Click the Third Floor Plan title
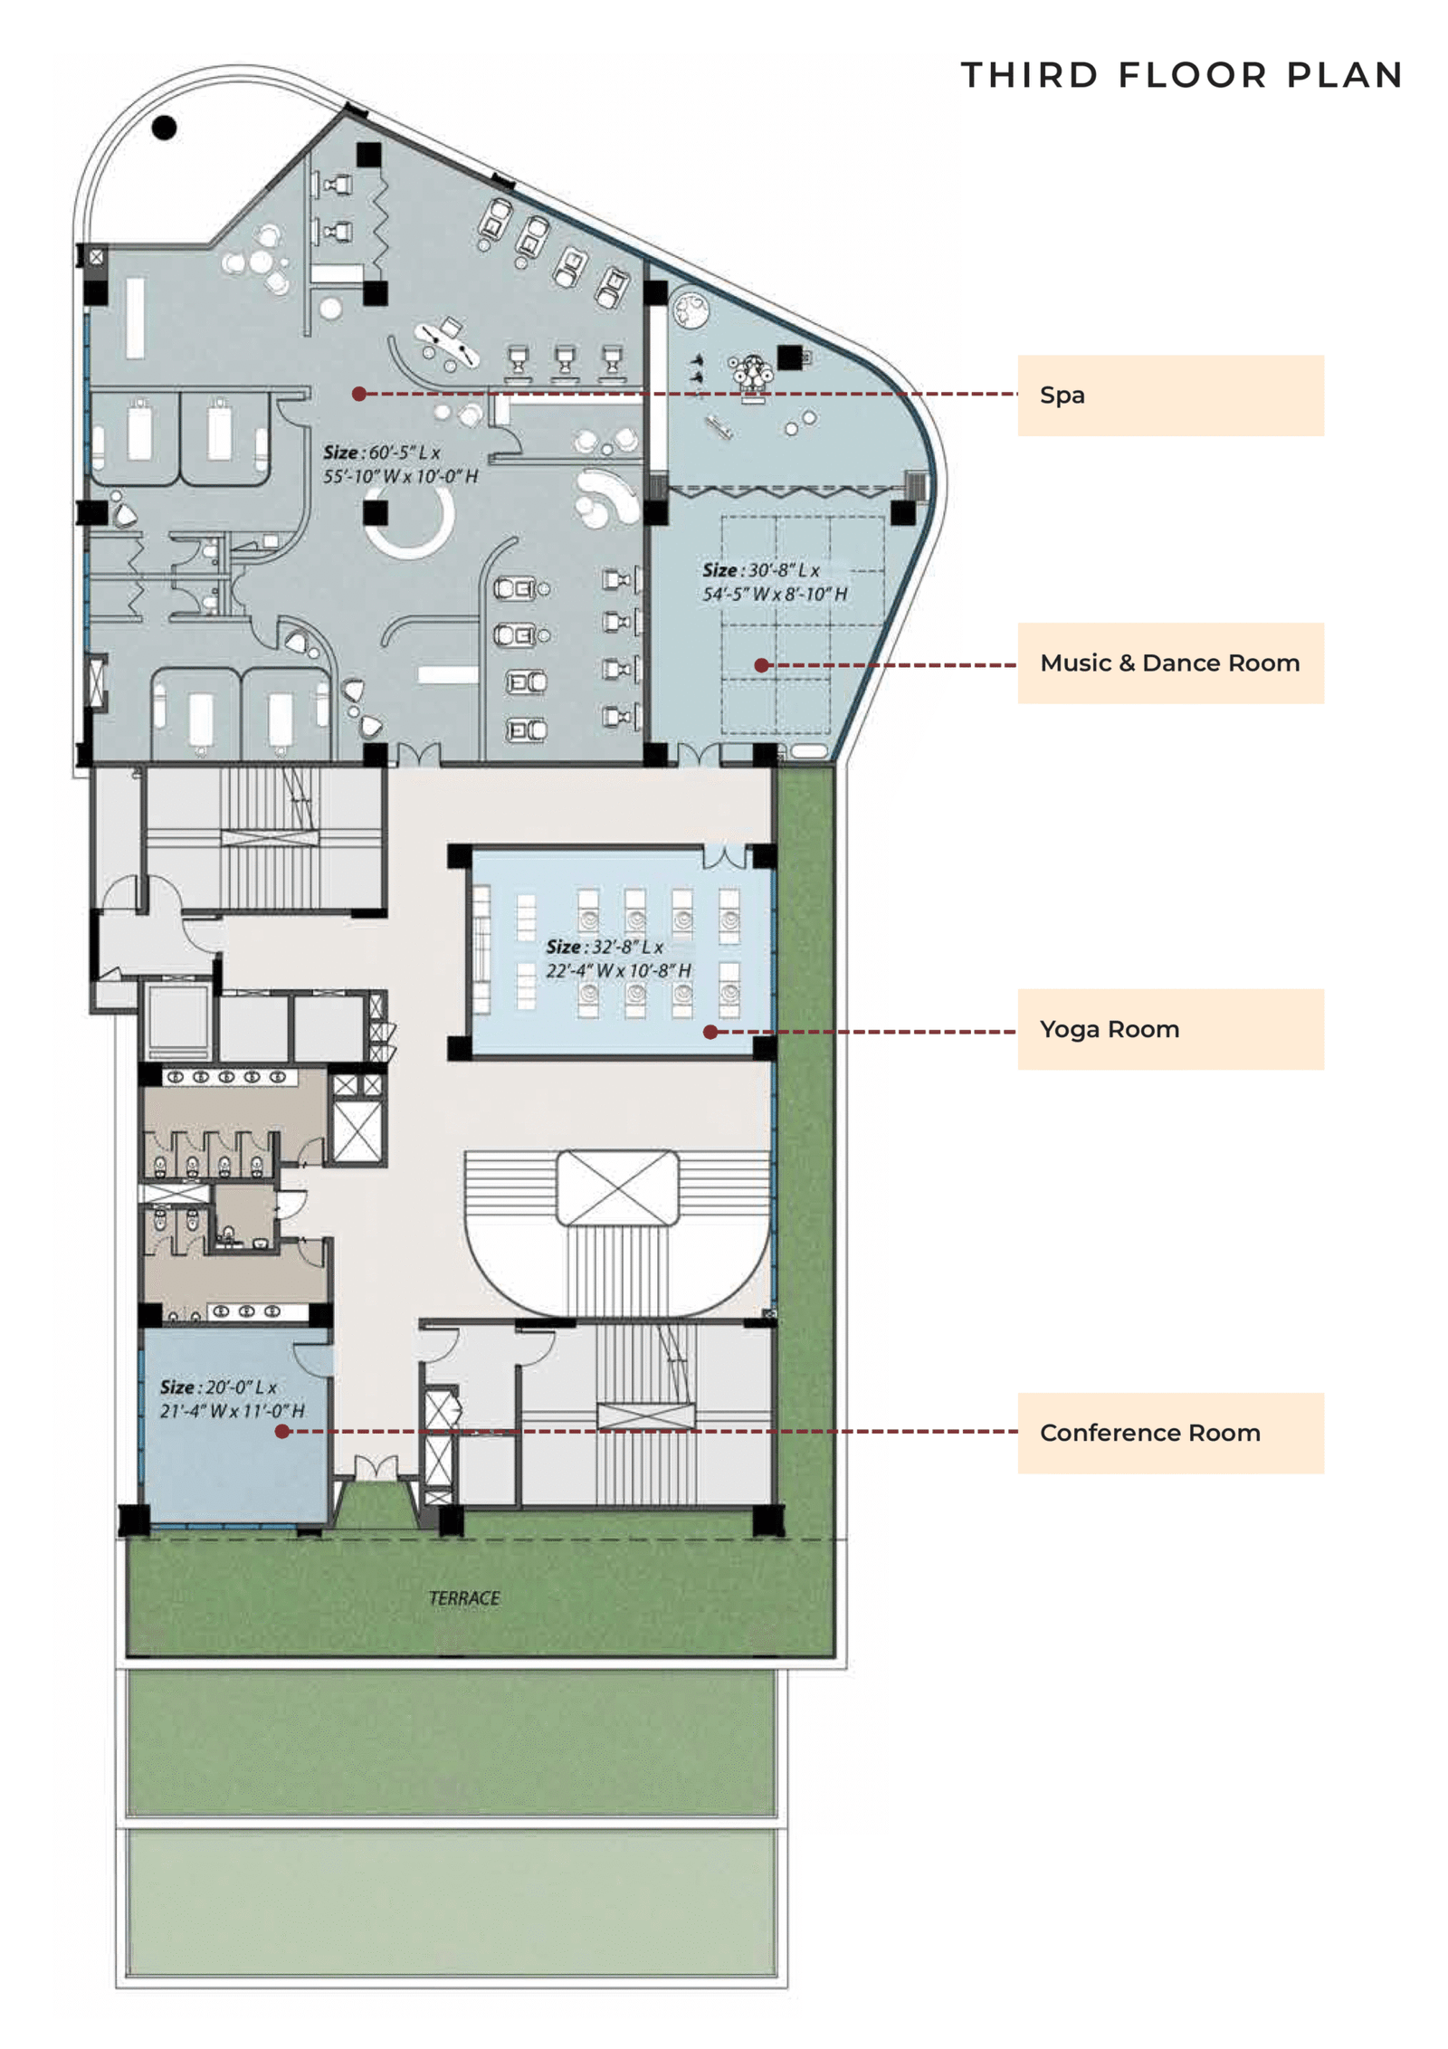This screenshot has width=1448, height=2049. (1181, 75)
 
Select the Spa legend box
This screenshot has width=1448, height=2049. (1169, 396)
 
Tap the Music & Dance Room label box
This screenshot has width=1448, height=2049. (1169, 662)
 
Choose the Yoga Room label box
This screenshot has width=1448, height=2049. (1169, 1029)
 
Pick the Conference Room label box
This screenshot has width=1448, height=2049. (1169, 1433)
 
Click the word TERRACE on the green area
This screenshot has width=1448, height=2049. (463, 1598)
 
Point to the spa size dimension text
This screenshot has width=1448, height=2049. (399, 464)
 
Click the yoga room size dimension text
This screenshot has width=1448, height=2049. (617, 958)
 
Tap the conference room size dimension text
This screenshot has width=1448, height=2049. (232, 1398)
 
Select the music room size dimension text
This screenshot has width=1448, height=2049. (774, 582)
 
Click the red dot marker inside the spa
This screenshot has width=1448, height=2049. (359, 394)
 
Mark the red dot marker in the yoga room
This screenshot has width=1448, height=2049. (710, 1032)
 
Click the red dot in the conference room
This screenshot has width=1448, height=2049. (282, 1432)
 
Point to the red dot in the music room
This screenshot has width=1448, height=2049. (762, 665)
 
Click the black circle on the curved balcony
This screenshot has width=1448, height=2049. (164, 128)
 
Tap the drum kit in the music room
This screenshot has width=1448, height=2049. (751, 374)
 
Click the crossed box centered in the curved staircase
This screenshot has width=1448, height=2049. (617, 1187)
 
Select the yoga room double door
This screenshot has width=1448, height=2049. (725, 855)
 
